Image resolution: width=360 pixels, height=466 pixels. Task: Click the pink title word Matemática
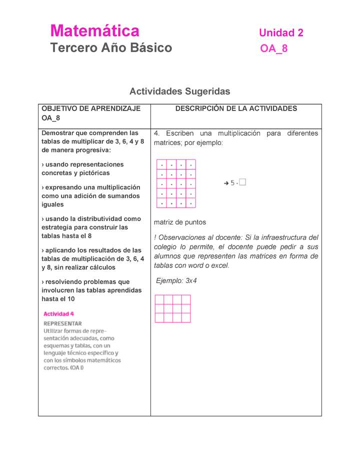[x=94, y=31]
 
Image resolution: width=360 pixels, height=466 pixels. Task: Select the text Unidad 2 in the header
[x=280, y=33]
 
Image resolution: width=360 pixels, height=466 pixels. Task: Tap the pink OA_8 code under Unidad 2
[x=273, y=49]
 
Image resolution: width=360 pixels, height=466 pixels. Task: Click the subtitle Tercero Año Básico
[x=111, y=48]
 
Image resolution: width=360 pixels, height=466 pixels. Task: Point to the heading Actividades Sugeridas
[x=179, y=91]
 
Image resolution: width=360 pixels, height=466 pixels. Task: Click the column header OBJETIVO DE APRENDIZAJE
[x=90, y=108]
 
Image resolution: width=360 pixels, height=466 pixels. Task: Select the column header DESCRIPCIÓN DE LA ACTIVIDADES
[x=236, y=108]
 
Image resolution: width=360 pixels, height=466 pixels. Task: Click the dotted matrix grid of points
[x=176, y=183]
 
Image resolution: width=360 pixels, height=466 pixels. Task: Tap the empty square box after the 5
[x=242, y=183]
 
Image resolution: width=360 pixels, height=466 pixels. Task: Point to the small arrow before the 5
[x=226, y=183]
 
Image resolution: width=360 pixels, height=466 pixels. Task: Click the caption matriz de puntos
[x=179, y=222]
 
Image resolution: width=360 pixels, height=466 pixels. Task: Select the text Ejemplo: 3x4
[x=176, y=281]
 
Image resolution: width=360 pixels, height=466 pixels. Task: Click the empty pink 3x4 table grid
[x=172, y=308]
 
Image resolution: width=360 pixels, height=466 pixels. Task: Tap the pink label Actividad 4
[x=58, y=314]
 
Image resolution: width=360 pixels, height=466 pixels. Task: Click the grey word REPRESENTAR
[x=62, y=323]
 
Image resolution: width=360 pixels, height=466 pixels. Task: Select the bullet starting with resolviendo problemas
[x=91, y=290]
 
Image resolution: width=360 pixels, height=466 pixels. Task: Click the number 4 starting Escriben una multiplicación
[x=156, y=133]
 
